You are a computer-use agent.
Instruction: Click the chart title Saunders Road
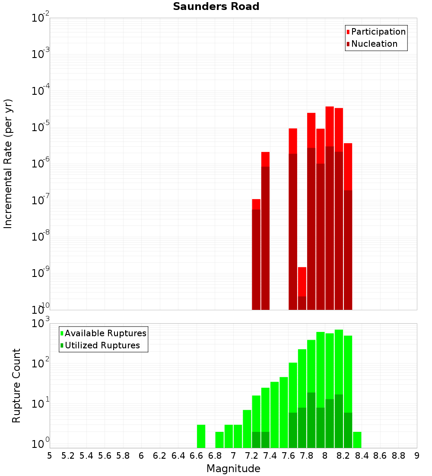click(216, 7)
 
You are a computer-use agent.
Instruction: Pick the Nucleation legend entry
click(374, 44)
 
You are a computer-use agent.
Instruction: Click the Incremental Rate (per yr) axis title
click(8, 164)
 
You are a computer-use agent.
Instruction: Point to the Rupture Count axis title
click(16, 385)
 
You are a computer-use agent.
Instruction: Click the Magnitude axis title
click(233, 469)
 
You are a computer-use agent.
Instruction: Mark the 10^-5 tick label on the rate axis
click(41, 127)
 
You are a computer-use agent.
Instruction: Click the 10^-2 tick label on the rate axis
click(41, 18)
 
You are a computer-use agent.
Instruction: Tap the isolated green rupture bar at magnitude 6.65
click(201, 436)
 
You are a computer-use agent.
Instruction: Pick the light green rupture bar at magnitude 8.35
click(357, 440)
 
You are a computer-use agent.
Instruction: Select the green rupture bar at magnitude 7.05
click(238, 436)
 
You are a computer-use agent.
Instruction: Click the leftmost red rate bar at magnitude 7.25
click(256, 255)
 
